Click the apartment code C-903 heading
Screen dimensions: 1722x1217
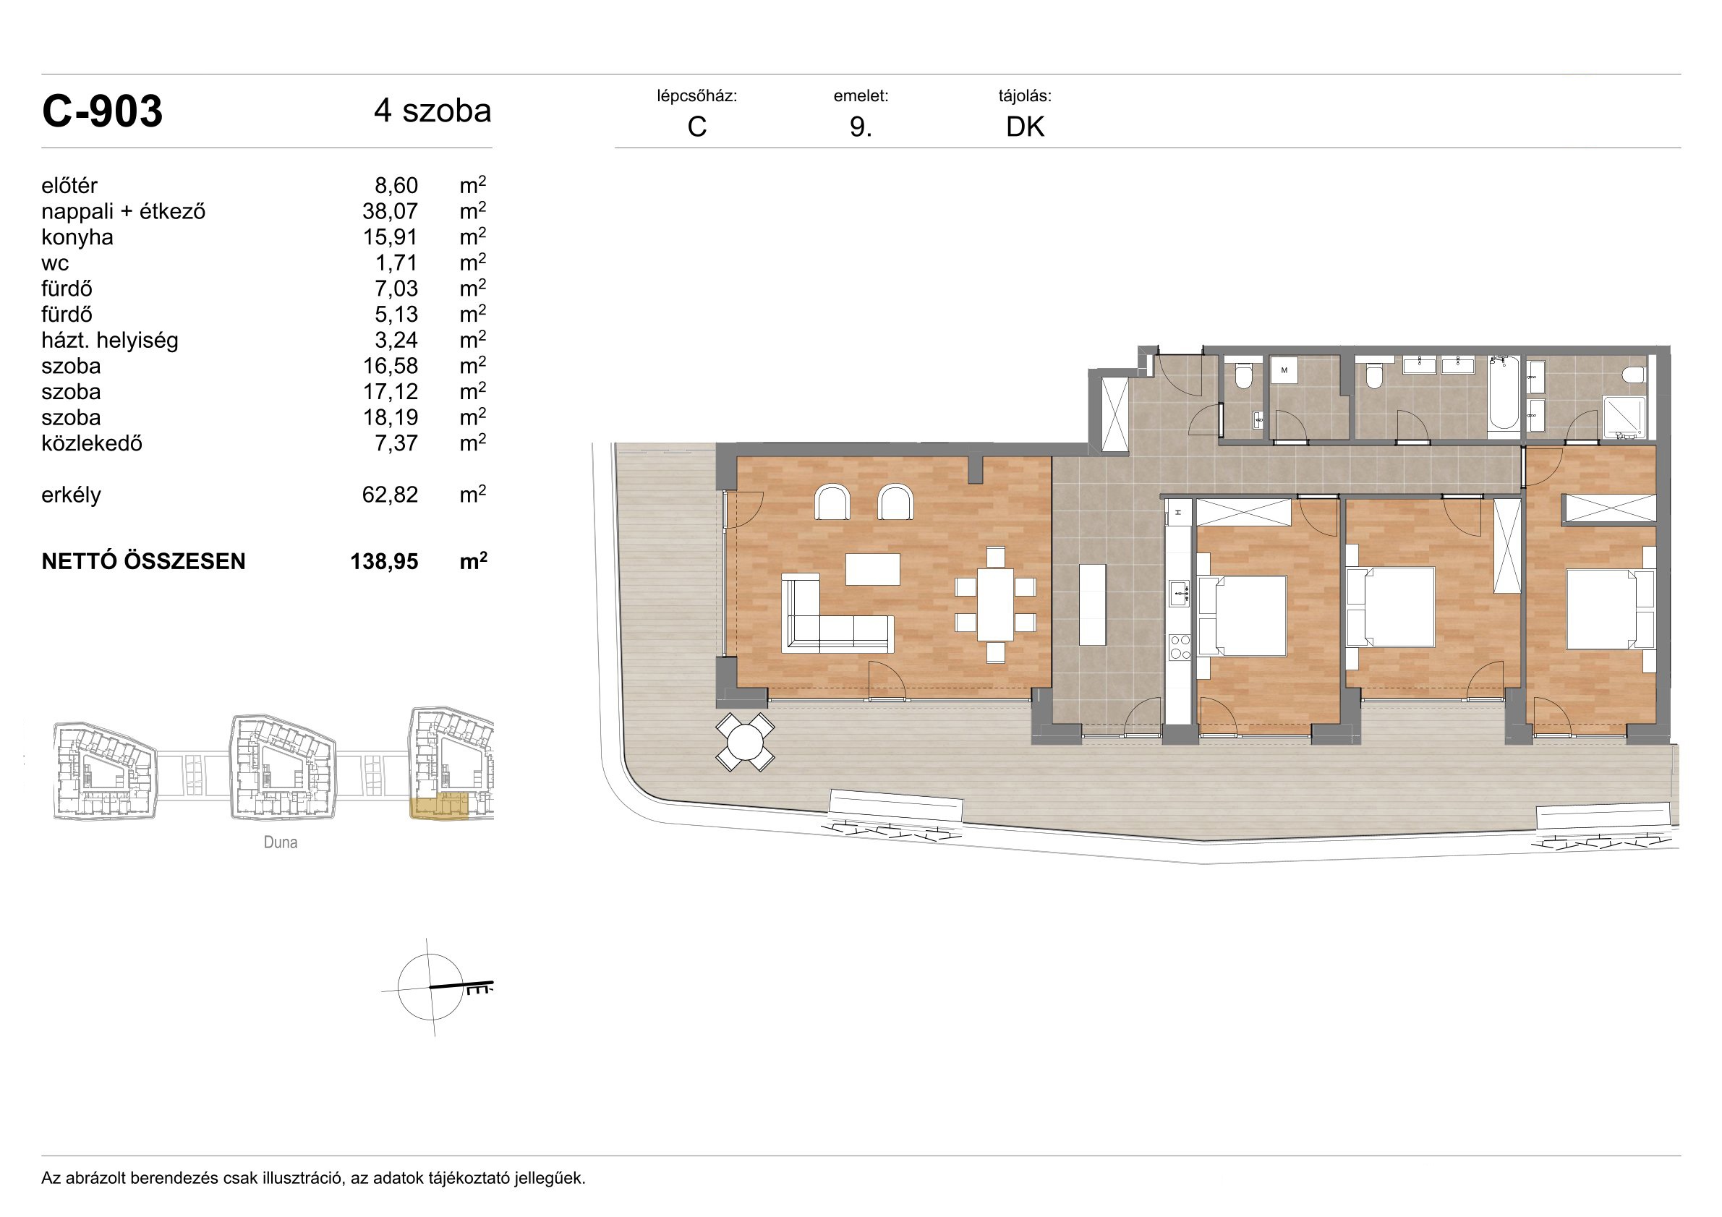pos(102,112)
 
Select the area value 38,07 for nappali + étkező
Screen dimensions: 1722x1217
pos(390,211)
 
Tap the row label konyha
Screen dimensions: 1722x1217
pos(77,238)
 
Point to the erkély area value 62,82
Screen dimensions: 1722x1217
pos(390,495)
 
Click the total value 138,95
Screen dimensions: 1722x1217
pos(384,562)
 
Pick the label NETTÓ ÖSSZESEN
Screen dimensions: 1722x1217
pos(143,562)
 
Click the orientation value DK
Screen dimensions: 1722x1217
pos(1025,127)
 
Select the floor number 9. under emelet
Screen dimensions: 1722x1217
pos(860,127)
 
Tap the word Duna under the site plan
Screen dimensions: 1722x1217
pos(281,842)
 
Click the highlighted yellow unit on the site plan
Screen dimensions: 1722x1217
pos(440,807)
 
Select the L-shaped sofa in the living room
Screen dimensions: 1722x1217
pos(836,613)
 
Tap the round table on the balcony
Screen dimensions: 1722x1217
pos(745,743)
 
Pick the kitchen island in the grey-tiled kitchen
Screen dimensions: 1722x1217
pos(1092,605)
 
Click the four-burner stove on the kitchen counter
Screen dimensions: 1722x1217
pos(1180,647)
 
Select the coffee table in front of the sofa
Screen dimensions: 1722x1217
pos(873,569)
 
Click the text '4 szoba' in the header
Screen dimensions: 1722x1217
pos(432,111)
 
